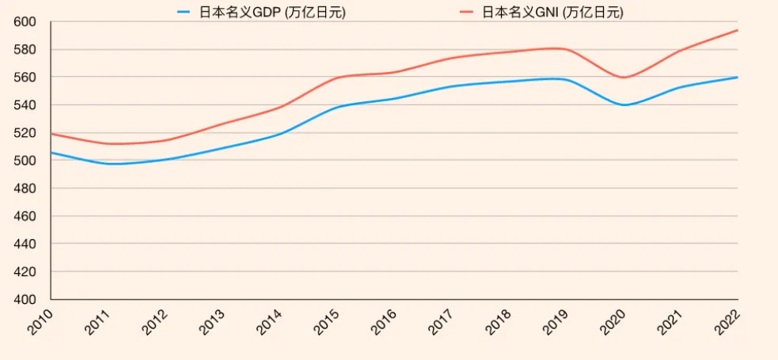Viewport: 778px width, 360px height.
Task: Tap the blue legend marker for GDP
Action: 184,12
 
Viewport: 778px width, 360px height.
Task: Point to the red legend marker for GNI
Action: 467,12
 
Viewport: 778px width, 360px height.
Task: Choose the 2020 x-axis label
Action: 610,321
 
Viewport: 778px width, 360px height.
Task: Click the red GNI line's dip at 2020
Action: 624,78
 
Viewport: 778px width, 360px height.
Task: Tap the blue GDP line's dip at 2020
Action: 624,104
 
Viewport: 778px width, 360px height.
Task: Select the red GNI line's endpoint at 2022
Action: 738,30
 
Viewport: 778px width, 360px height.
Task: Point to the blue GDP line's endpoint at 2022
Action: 738,78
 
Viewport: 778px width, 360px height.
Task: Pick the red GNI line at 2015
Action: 337,78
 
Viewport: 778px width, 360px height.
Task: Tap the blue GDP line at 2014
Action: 280,134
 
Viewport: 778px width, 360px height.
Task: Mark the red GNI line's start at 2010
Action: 51,134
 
